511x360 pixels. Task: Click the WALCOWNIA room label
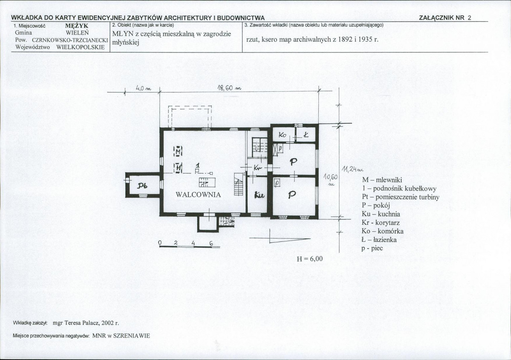click(198, 195)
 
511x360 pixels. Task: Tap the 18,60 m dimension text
click(229, 87)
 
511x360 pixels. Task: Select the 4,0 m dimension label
click(143, 88)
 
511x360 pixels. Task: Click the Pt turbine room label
click(142, 186)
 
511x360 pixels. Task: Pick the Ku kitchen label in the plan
click(260, 195)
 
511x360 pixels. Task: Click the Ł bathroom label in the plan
click(306, 134)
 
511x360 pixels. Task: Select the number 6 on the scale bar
click(211, 243)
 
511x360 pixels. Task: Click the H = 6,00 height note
click(309, 258)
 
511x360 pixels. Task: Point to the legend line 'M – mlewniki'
click(382, 180)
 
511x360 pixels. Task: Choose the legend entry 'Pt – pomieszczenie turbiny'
click(401, 197)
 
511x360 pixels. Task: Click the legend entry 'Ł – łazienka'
click(379, 240)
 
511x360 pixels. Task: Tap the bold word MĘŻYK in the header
click(77, 26)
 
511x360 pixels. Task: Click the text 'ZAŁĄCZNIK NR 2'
click(445, 18)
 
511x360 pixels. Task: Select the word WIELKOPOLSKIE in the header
click(81, 47)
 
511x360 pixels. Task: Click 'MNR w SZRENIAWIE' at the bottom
click(121, 336)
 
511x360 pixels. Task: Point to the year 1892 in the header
click(345, 40)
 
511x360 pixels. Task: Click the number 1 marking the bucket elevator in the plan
click(197, 165)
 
